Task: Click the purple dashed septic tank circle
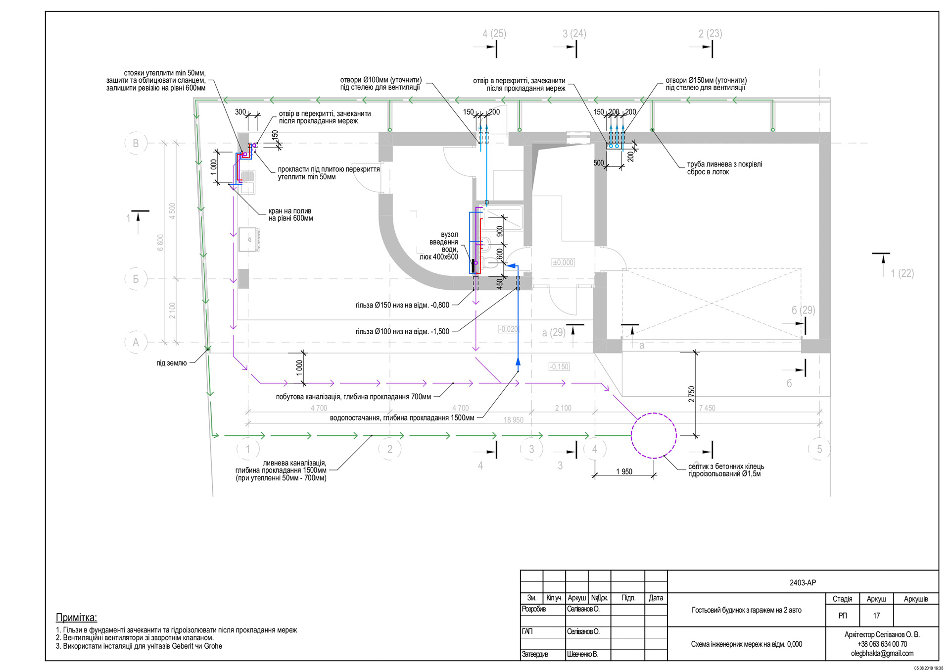tap(654, 435)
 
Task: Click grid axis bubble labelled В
tap(136, 144)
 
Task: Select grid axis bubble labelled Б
tap(136, 279)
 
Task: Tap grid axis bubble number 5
tap(819, 449)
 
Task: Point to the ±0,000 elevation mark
tap(563, 262)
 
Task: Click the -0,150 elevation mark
tap(559, 367)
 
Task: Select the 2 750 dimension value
tap(691, 394)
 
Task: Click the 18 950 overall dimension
tap(513, 420)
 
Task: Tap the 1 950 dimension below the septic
tap(624, 471)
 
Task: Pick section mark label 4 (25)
tap(494, 34)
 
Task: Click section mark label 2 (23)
tap(710, 34)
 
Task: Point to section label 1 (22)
tap(902, 273)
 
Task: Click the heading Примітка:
tap(76, 618)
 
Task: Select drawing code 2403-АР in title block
tap(803, 583)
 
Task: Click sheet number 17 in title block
tap(876, 616)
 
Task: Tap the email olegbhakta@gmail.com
tap(882, 653)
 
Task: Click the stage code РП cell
tap(842, 616)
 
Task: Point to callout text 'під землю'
tap(172, 363)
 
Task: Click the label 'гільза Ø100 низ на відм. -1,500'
tap(402, 331)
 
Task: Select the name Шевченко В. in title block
tap(582, 654)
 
